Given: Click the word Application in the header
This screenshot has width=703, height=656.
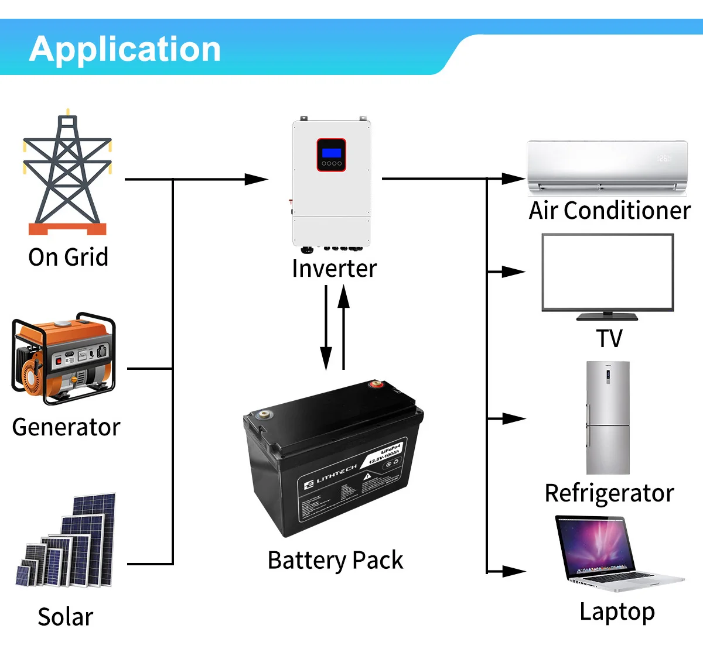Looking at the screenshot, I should pos(125,49).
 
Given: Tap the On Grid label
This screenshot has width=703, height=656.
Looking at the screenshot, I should pos(69,257).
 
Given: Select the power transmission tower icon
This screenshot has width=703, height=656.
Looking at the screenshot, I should pos(67,175).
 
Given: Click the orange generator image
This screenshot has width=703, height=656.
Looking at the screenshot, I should pos(63,358).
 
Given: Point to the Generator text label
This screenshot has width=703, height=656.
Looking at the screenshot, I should pos(66,427).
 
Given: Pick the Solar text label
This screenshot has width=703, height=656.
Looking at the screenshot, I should pos(66,617).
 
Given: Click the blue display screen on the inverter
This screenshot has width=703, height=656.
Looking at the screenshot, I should pos(332,153).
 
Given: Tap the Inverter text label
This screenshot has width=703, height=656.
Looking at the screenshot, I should pos(334,269).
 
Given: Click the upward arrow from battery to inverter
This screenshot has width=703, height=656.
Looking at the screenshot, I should pos(344,298).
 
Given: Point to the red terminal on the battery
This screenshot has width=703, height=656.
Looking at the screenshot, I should pos(374,384).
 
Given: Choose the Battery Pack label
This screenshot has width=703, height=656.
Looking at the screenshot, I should pos(335,560).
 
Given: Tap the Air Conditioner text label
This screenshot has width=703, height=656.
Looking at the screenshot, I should pos(609,211).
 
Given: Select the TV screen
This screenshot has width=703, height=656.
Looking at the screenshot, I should pos(608,272).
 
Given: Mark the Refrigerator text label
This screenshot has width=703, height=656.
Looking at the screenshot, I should pos(609,493).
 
